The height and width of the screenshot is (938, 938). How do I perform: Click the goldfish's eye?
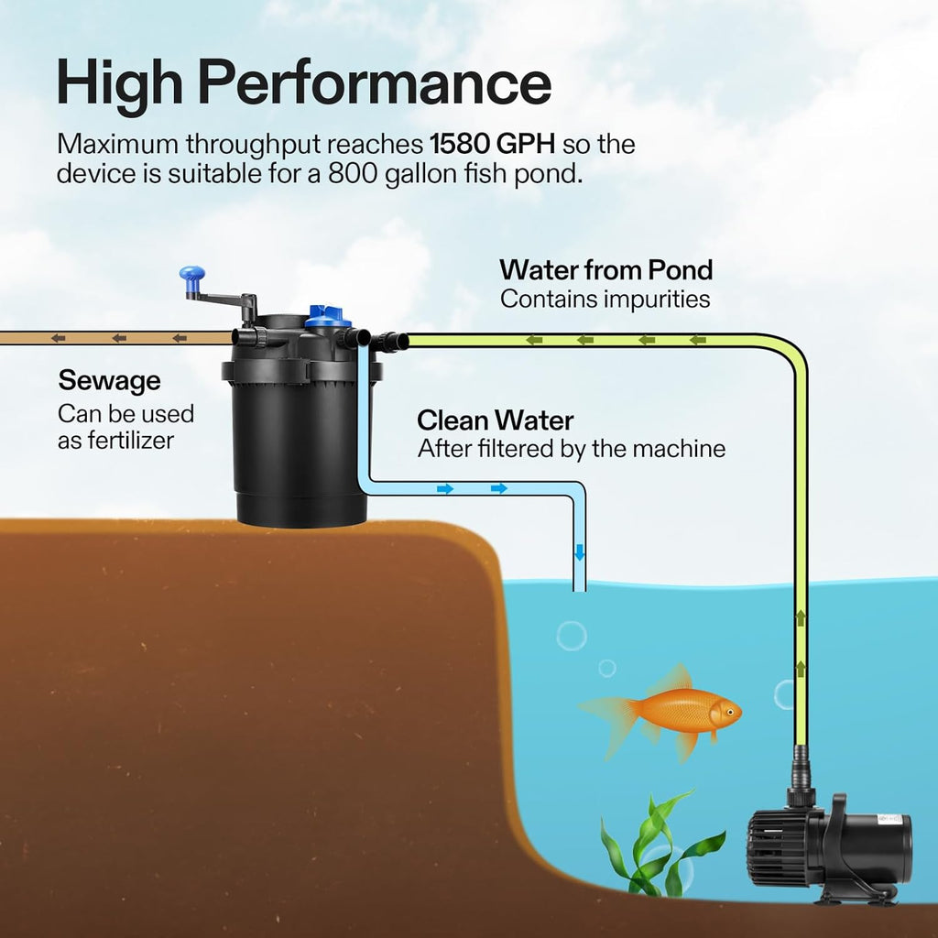[x=727, y=709]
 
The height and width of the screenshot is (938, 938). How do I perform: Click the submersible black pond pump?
[x=829, y=847]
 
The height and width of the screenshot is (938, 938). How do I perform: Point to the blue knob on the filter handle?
[x=192, y=274]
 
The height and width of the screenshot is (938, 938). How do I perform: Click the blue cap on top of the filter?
[x=327, y=317]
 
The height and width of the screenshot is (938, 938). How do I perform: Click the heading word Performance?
[x=376, y=84]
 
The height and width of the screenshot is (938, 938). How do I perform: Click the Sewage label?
[x=109, y=380]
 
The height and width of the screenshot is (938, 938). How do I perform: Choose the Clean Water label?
[x=495, y=420]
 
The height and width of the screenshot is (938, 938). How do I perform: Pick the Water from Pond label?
[x=605, y=270]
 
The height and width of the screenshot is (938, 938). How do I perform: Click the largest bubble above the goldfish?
[x=572, y=635]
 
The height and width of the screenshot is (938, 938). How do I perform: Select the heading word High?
[x=117, y=84]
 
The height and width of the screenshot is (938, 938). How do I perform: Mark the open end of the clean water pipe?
[x=579, y=589]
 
